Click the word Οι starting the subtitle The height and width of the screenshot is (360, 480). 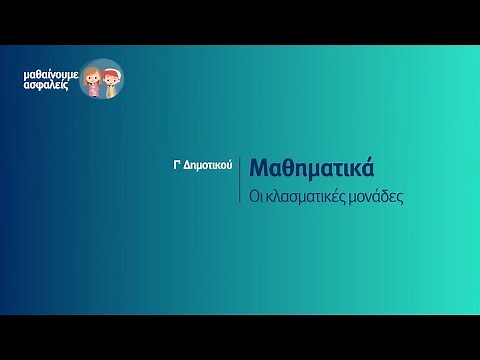(257, 197)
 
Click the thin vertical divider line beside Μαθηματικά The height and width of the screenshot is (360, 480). (240, 180)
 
